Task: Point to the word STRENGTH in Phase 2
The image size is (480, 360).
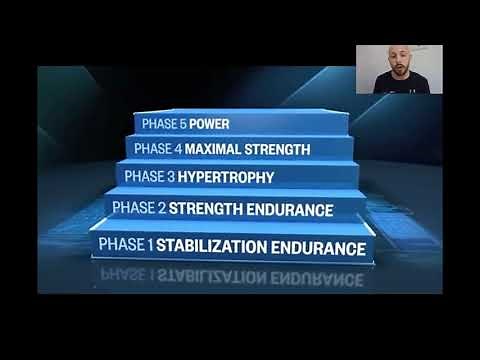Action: point(207,210)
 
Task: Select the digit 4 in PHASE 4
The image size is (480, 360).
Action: point(173,150)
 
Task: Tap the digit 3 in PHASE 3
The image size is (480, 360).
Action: point(167,178)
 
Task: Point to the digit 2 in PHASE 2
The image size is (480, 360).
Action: point(160,210)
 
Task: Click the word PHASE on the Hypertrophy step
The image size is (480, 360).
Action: point(142,178)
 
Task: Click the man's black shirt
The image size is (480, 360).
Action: point(400,84)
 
